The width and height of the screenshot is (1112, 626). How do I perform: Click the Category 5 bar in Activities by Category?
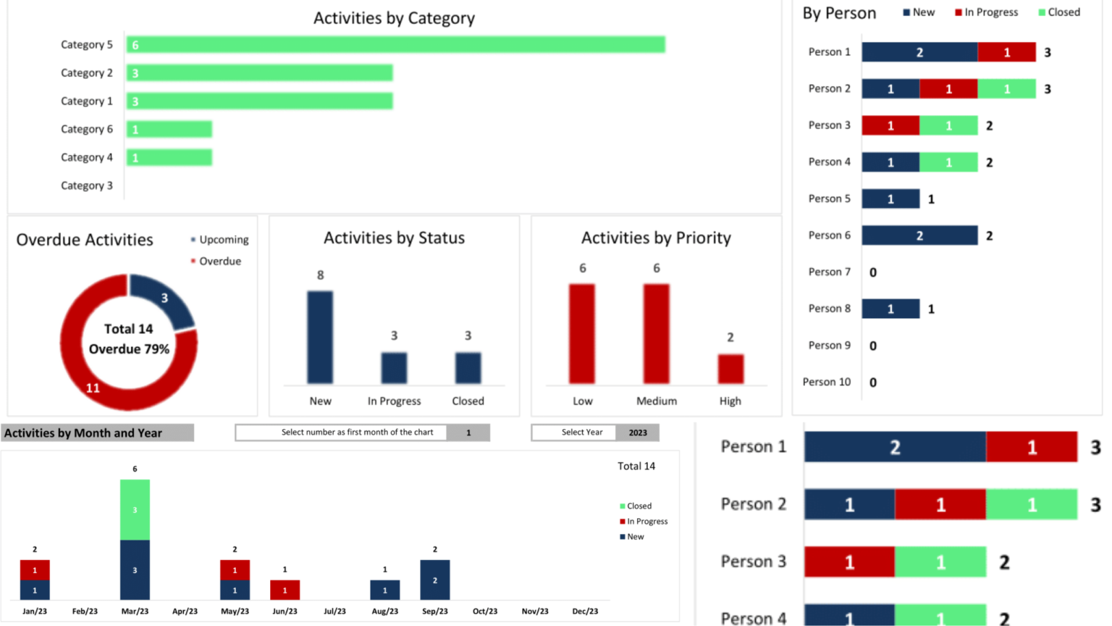pos(395,45)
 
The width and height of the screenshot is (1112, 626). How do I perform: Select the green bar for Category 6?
pos(169,130)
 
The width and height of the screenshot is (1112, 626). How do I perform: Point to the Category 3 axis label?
pos(87,185)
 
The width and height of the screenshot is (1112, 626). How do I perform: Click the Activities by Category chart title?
pos(394,18)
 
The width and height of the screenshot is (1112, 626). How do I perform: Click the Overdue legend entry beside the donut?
pos(219,261)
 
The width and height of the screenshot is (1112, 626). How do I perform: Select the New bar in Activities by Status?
pos(320,337)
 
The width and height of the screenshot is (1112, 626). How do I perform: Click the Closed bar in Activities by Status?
pos(468,367)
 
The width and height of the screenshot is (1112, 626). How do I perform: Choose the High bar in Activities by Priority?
pos(730,369)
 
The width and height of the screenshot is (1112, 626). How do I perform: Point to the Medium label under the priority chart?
pos(657,401)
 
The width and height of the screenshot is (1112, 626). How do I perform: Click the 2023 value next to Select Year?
pos(638,433)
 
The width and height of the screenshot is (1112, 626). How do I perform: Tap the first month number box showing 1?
pos(468,433)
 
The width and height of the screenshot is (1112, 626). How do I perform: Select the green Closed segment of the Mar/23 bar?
pos(135,510)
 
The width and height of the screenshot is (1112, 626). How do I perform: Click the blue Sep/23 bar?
pos(434,580)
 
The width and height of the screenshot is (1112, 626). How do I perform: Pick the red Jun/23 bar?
pos(285,590)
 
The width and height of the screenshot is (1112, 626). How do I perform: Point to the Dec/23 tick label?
pos(585,611)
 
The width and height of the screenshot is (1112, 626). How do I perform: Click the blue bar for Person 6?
pos(919,235)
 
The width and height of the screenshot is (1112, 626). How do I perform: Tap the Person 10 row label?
pos(827,382)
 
